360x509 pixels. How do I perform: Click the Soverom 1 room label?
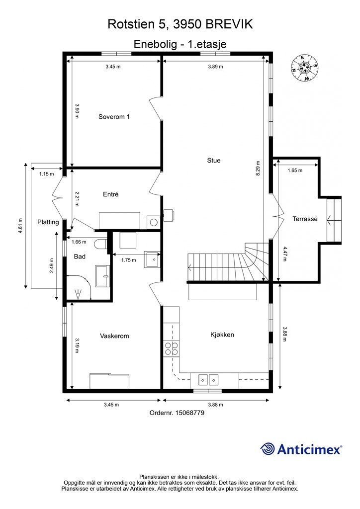coord(114,116)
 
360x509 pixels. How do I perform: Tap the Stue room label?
coord(214,161)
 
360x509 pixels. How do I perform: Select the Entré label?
coord(111,194)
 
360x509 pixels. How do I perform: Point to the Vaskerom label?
coord(114,336)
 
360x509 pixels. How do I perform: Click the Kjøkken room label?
coord(222,335)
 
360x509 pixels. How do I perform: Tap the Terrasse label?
coord(305,219)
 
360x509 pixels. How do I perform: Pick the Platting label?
coord(48,222)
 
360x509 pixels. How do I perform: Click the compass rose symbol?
coord(304,68)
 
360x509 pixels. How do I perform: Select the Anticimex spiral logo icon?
coord(268,449)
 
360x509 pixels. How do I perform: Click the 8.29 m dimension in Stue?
coord(258,169)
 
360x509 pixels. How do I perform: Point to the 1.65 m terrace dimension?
coord(295,170)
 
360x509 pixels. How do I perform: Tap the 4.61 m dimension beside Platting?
coord(20,225)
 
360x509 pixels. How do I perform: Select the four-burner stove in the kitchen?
coord(171,348)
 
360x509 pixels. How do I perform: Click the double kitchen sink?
coord(208,379)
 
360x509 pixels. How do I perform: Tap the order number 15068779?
coord(190,413)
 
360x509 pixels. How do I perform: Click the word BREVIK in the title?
coord(229,24)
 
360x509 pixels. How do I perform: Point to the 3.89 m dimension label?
coord(215,67)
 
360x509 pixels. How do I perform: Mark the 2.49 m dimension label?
coord(52,265)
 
